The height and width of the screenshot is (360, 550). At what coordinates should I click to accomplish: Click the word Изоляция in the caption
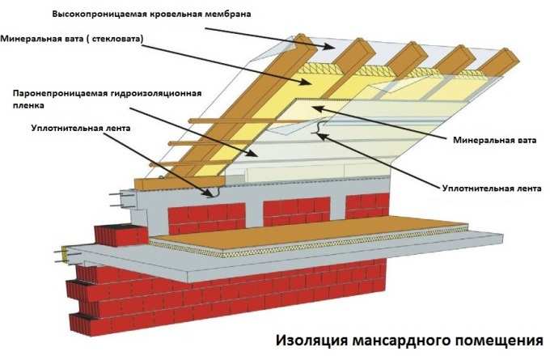point(312,341)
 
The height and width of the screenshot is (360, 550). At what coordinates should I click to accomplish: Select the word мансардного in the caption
point(396,341)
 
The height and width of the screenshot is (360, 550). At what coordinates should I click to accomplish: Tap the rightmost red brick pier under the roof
point(363,205)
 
